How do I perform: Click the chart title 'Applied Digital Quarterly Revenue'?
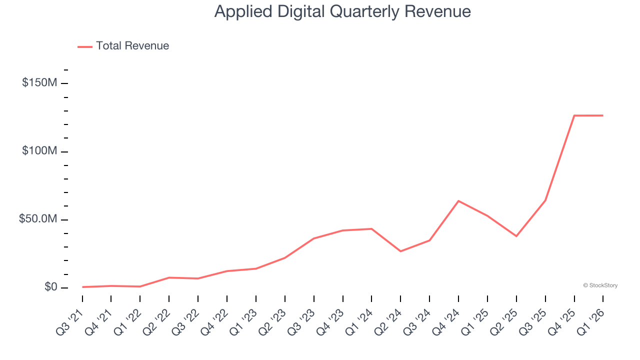(342, 11)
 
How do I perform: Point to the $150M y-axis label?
(39, 83)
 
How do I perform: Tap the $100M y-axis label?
(39, 151)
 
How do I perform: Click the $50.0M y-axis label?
(38, 219)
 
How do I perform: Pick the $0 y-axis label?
(51, 287)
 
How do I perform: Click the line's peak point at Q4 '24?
(458, 201)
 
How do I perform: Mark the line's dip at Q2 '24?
(400, 251)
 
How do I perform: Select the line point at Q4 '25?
(574, 115)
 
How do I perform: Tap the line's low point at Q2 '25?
(516, 236)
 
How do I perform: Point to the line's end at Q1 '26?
(602, 115)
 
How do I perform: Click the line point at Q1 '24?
(371, 229)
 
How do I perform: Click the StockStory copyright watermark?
(600, 285)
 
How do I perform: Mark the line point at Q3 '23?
(313, 238)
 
